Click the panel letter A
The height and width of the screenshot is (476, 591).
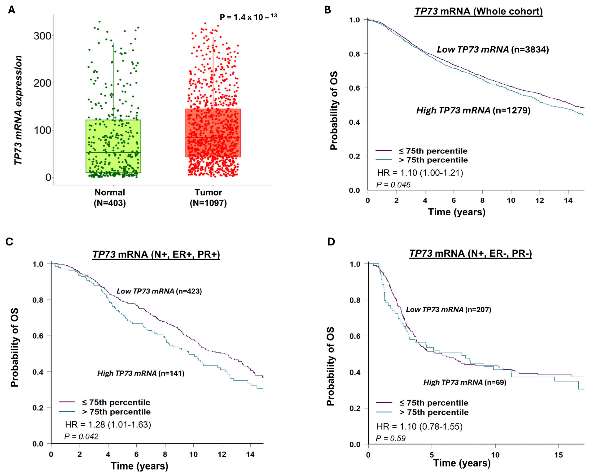pos(11,10)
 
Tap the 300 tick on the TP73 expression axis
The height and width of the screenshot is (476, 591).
pos(42,36)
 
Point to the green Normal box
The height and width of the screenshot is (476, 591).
pos(113,146)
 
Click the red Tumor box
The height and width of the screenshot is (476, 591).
pos(213,133)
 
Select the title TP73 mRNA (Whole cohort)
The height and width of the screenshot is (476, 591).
pos(479,11)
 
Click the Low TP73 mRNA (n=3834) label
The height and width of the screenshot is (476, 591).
pos(493,50)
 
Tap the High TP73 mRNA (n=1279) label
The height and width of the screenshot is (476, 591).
pos(473,110)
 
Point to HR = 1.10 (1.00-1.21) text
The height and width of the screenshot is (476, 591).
pos(420,173)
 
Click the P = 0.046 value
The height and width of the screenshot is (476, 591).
pos(393,185)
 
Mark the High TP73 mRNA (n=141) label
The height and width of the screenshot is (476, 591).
pos(141,373)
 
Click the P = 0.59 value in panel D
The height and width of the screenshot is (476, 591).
pos(391,438)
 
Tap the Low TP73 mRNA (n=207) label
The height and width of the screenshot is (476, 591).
pos(448,310)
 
